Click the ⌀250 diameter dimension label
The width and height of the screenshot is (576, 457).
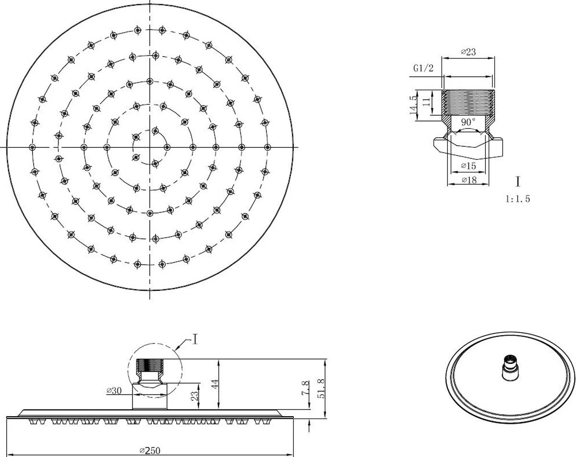click(x=150, y=451)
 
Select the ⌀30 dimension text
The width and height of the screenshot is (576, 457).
click(x=114, y=391)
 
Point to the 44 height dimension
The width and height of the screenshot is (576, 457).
click(x=215, y=384)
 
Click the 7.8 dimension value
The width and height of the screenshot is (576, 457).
click(x=305, y=388)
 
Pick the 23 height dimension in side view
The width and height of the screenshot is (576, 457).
click(x=194, y=396)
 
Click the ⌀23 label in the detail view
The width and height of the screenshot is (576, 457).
click(x=468, y=52)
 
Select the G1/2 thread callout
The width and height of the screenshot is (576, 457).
click(x=423, y=68)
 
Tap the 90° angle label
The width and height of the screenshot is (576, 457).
click(x=468, y=122)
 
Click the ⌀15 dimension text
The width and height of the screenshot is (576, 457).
click(x=468, y=166)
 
